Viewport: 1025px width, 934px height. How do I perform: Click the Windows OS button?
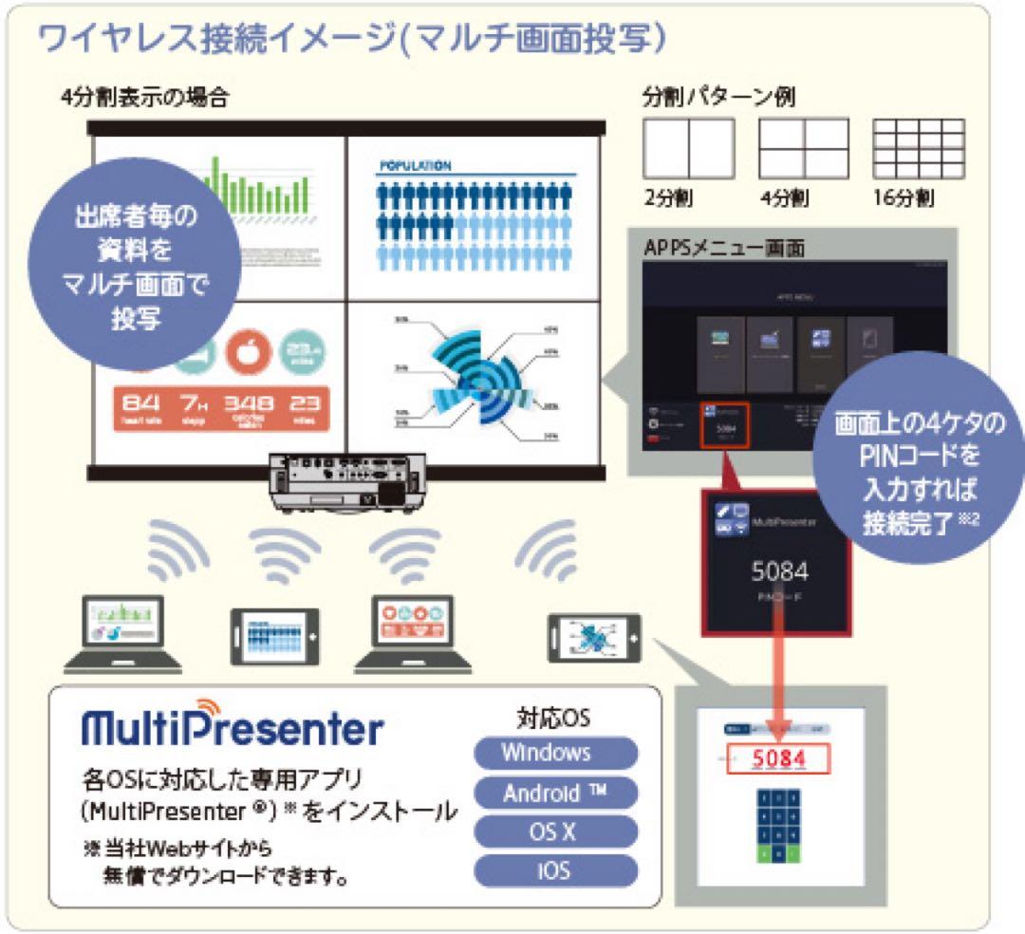(x=555, y=753)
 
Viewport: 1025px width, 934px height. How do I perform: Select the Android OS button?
(x=555, y=793)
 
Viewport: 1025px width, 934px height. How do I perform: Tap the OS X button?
(x=555, y=831)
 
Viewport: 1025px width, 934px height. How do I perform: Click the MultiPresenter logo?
(x=233, y=728)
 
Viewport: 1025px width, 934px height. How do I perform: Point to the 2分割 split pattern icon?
(x=688, y=148)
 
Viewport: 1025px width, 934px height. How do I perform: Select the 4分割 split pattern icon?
(x=803, y=148)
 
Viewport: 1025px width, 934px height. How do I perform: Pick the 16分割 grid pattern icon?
(x=917, y=148)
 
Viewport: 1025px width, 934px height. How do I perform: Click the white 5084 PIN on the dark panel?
(x=779, y=571)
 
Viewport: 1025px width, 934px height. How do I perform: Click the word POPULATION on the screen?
(x=415, y=165)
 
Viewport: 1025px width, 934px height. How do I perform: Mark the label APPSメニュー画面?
(x=724, y=248)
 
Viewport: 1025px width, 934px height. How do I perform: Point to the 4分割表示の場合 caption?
(x=143, y=98)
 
